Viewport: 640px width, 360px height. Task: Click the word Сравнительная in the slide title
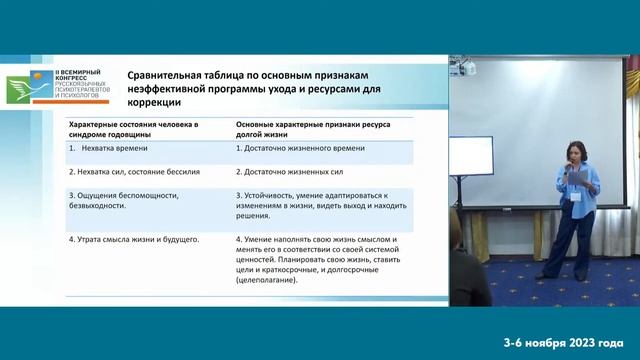168,75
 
